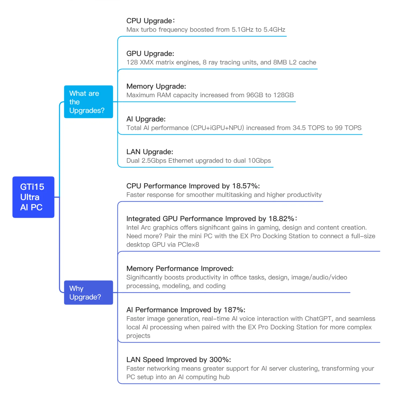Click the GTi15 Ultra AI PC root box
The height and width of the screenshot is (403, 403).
(x=33, y=197)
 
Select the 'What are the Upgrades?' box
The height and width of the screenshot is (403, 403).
(x=88, y=102)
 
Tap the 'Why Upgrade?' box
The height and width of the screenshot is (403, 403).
(x=88, y=293)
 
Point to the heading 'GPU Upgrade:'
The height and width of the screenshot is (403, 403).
(x=150, y=54)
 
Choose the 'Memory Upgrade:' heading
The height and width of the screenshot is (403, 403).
(x=156, y=87)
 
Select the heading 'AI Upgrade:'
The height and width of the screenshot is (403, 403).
(x=146, y=119)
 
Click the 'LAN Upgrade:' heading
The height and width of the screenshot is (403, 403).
(x=150, y=152)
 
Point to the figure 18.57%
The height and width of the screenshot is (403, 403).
(x=246, y=186)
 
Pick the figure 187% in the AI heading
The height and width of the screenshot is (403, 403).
(x=234, y=310)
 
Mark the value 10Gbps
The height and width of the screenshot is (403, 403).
(x=259, y=161)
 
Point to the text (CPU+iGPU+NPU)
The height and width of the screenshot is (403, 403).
(x=217, y=128)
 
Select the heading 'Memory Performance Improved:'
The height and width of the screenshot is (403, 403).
(x=180, y=269)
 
